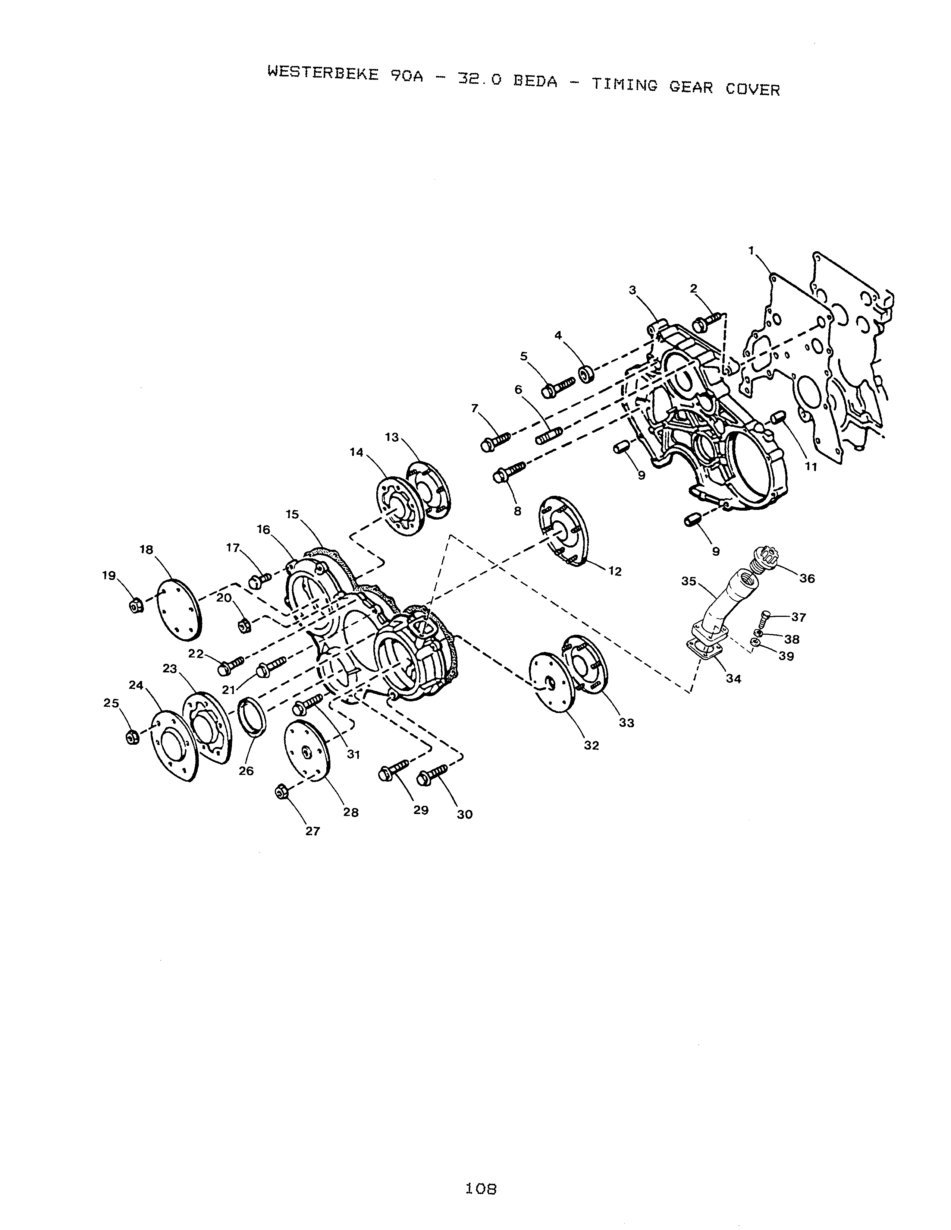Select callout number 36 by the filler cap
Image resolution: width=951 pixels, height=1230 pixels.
(807, 578)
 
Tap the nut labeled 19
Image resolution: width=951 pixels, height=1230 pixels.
(135, 606)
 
